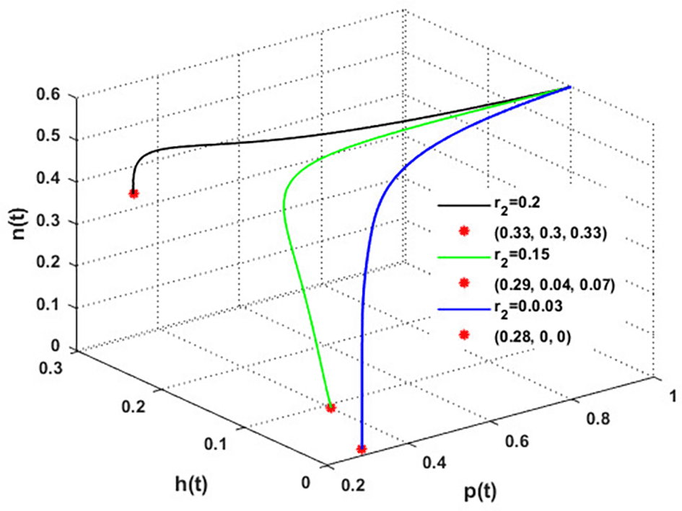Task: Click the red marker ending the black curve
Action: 134,193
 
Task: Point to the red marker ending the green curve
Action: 331,408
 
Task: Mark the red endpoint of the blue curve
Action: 362,449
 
